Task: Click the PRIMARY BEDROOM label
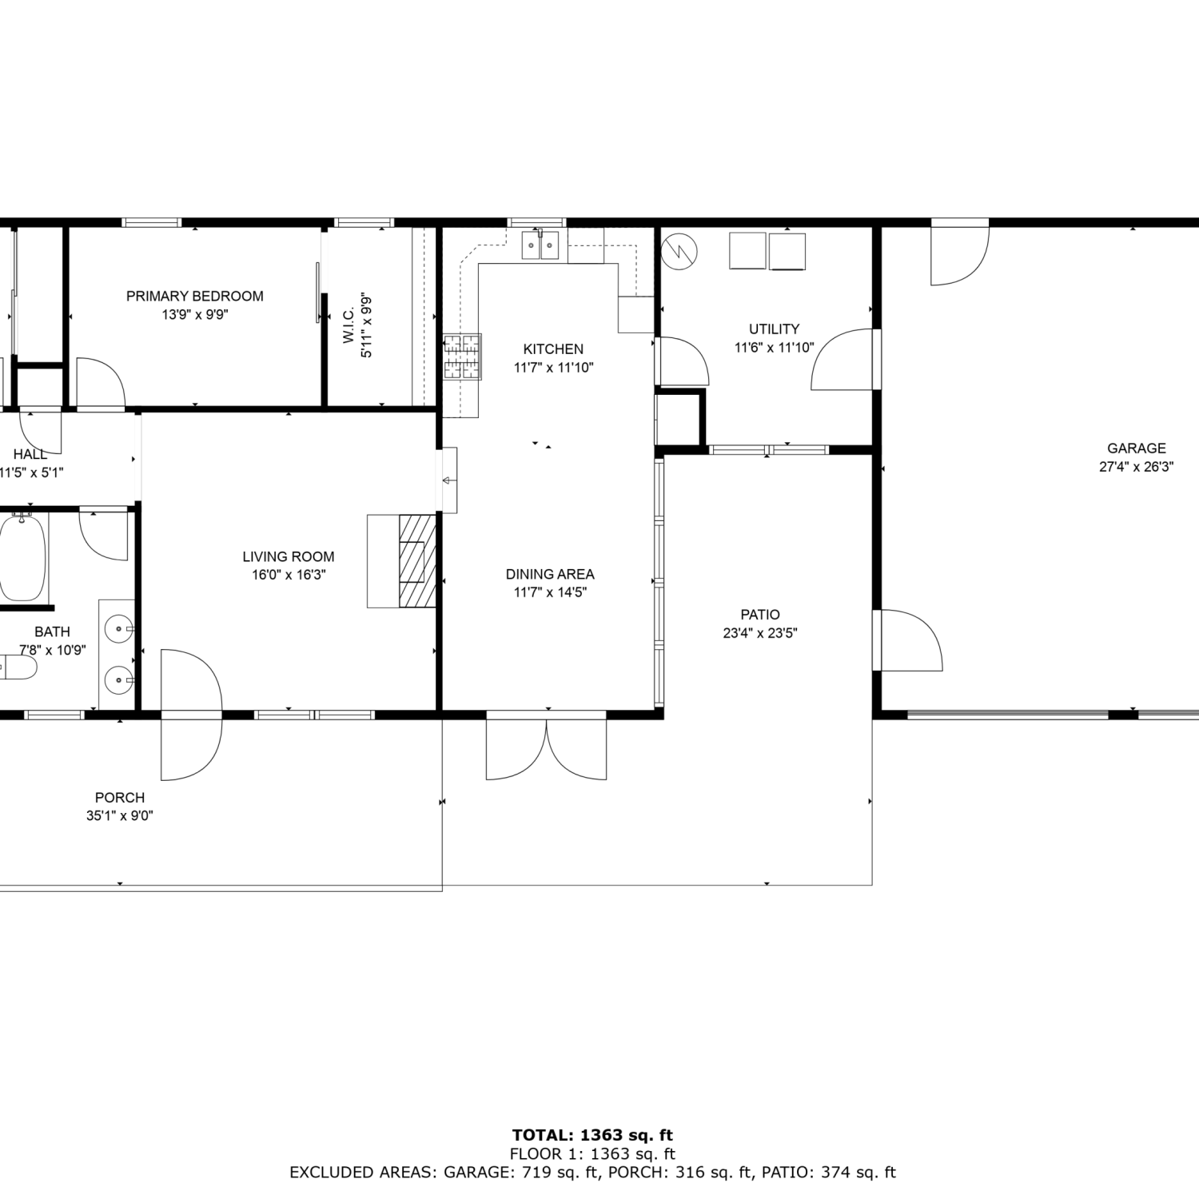[195, 297]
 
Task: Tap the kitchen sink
[541, 245]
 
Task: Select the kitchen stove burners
[463, 357]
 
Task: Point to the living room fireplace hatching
[417, 560]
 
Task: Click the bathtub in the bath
[22, 556]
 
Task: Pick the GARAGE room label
[1136, 448]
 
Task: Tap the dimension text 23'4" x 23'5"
[760, 633]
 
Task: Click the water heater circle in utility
[679, 250]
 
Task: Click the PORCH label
[120, 798]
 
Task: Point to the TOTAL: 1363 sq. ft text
[592, 1135]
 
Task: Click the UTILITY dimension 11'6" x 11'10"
[774, 348]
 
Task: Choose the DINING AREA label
[550, 574]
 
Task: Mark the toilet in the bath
[18, 667]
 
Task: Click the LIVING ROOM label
[289, 557]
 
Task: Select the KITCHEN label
[553, 349]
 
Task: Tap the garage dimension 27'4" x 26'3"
[1136, 467]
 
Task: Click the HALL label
[30, 454]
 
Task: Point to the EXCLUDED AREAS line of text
[592, 1173]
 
